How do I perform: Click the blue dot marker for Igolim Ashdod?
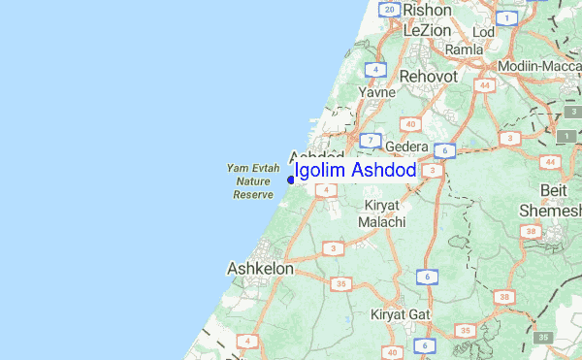pyautogui.click(x=291, y=179)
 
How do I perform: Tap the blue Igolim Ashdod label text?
pyautogui.click(x=355, y=171)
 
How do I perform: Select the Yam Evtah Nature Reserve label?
pyautogui.click(x=253, y=181)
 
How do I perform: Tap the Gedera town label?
pyautogui.click(x=407, y=146)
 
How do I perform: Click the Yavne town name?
pyautogui.click(x=376, y=92)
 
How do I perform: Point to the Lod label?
pyautogui.click(x=483, y=31)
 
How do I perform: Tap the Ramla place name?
pyautogui.click(x=464, y=49)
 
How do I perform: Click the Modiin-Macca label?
pyautogui.click(x=538, y=66)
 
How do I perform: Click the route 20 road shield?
pyautogui.click(x=390, y=10)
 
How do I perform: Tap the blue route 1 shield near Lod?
pyautogui.click(x=505, y=17)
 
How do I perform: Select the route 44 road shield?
pyautogui.click(x=482, y=85)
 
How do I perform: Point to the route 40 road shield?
pyautogui.click(x=411, y=123)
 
